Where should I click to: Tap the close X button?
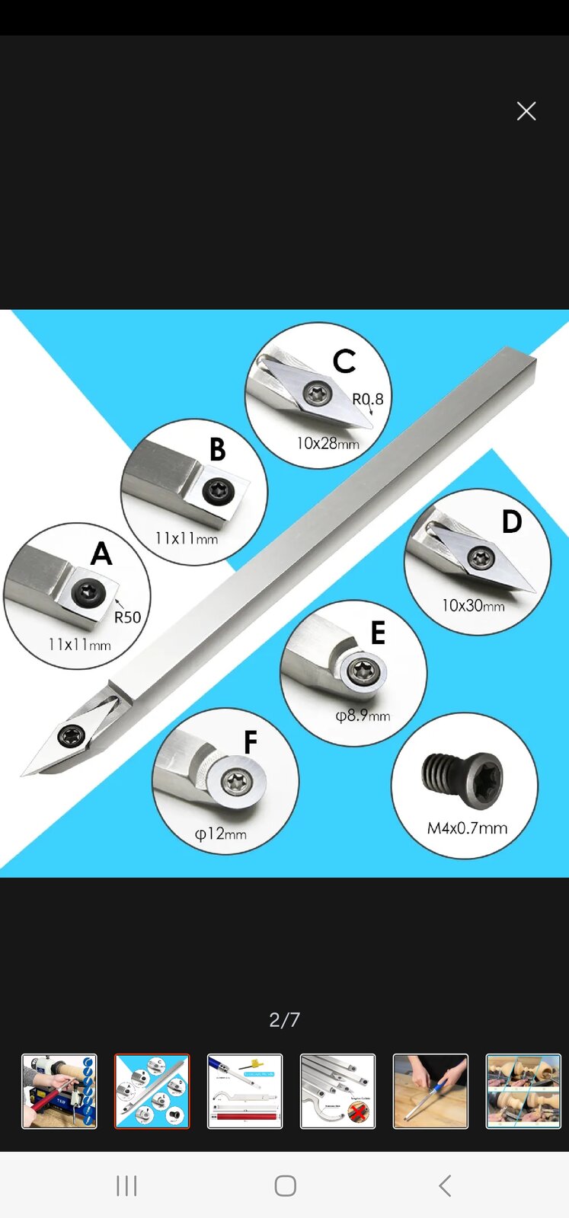526,111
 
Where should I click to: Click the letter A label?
102,554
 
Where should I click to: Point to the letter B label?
218,449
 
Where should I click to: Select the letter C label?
344,361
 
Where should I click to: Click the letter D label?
512,521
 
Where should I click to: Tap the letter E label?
378,632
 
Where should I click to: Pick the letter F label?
251,741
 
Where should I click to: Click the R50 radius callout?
127,617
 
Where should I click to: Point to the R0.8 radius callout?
368,399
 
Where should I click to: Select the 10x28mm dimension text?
328,443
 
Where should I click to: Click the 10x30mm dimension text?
473,605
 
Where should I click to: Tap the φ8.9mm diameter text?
363,715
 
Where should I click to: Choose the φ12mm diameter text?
221,833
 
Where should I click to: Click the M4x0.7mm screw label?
467,828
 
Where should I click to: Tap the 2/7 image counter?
285,1019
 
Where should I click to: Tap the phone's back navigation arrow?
445,1186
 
